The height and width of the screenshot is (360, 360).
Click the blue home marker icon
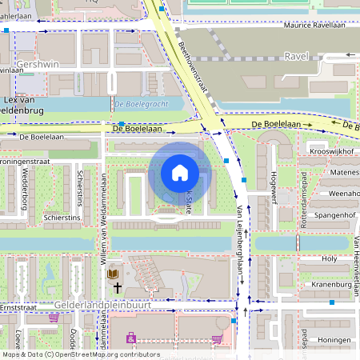point(180,173)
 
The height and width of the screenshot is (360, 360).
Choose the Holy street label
point(329,259)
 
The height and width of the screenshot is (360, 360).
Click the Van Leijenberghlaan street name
point(239,240)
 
